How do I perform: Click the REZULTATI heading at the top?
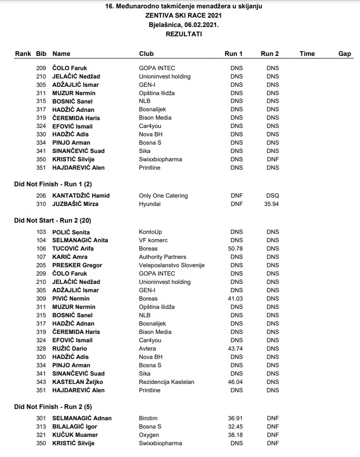coord(184,34)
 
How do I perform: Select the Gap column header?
coord(345,53)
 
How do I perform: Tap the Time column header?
coord(307,53)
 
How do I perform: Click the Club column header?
coord(146,53)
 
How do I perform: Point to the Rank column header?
coord(23,53)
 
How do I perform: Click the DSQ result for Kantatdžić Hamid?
coord(273,196)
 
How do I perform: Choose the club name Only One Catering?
coord(163,196)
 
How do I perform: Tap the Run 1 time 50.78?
coord(236,249)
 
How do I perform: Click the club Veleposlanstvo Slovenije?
coord(172,265)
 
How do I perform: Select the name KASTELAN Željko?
coord(77,382)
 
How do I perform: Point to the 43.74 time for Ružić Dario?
coord(236,349)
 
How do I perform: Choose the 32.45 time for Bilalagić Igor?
coord(236,427)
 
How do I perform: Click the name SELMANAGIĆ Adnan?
coord(82,418)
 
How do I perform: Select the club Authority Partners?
coord(162,257)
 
